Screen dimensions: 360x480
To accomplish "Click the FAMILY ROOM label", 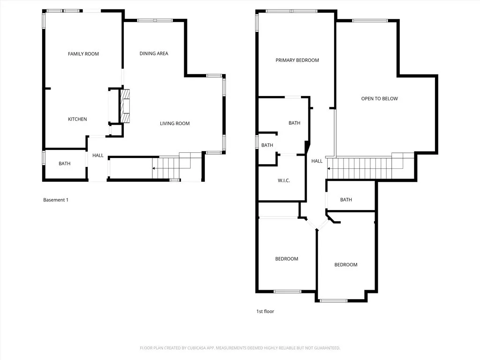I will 83,54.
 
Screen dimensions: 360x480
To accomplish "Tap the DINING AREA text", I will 154,53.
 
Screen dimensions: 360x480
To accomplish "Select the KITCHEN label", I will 77,119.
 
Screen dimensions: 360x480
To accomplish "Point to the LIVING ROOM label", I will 174,123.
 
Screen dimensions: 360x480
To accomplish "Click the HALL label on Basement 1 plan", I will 97,156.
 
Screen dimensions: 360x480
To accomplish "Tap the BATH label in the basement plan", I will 64,164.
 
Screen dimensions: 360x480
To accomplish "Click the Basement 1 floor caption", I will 56,200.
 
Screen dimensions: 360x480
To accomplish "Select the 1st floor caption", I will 265,311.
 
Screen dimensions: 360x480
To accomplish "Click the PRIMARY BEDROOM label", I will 297,60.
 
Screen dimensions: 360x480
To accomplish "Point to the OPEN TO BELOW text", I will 379,98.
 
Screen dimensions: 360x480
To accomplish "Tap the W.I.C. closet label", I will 284,180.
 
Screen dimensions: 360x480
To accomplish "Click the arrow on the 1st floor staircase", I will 330,168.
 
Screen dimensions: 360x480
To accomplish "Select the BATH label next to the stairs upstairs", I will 346,200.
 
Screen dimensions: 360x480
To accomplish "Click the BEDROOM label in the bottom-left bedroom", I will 286,259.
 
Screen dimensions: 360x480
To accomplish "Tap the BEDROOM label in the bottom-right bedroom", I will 346,265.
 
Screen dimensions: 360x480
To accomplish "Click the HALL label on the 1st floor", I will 317,161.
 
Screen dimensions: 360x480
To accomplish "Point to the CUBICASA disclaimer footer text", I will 240,348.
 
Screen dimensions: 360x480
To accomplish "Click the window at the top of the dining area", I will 155,20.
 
